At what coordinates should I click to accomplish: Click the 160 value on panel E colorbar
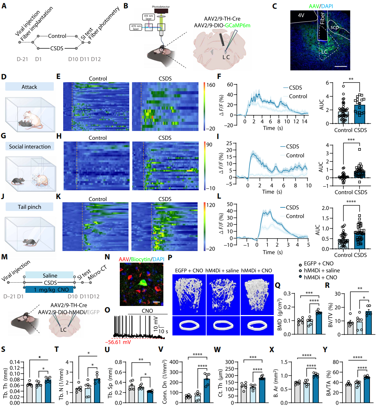[x=212, y=84]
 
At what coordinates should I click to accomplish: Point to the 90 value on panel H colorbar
[x=211, y=144]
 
